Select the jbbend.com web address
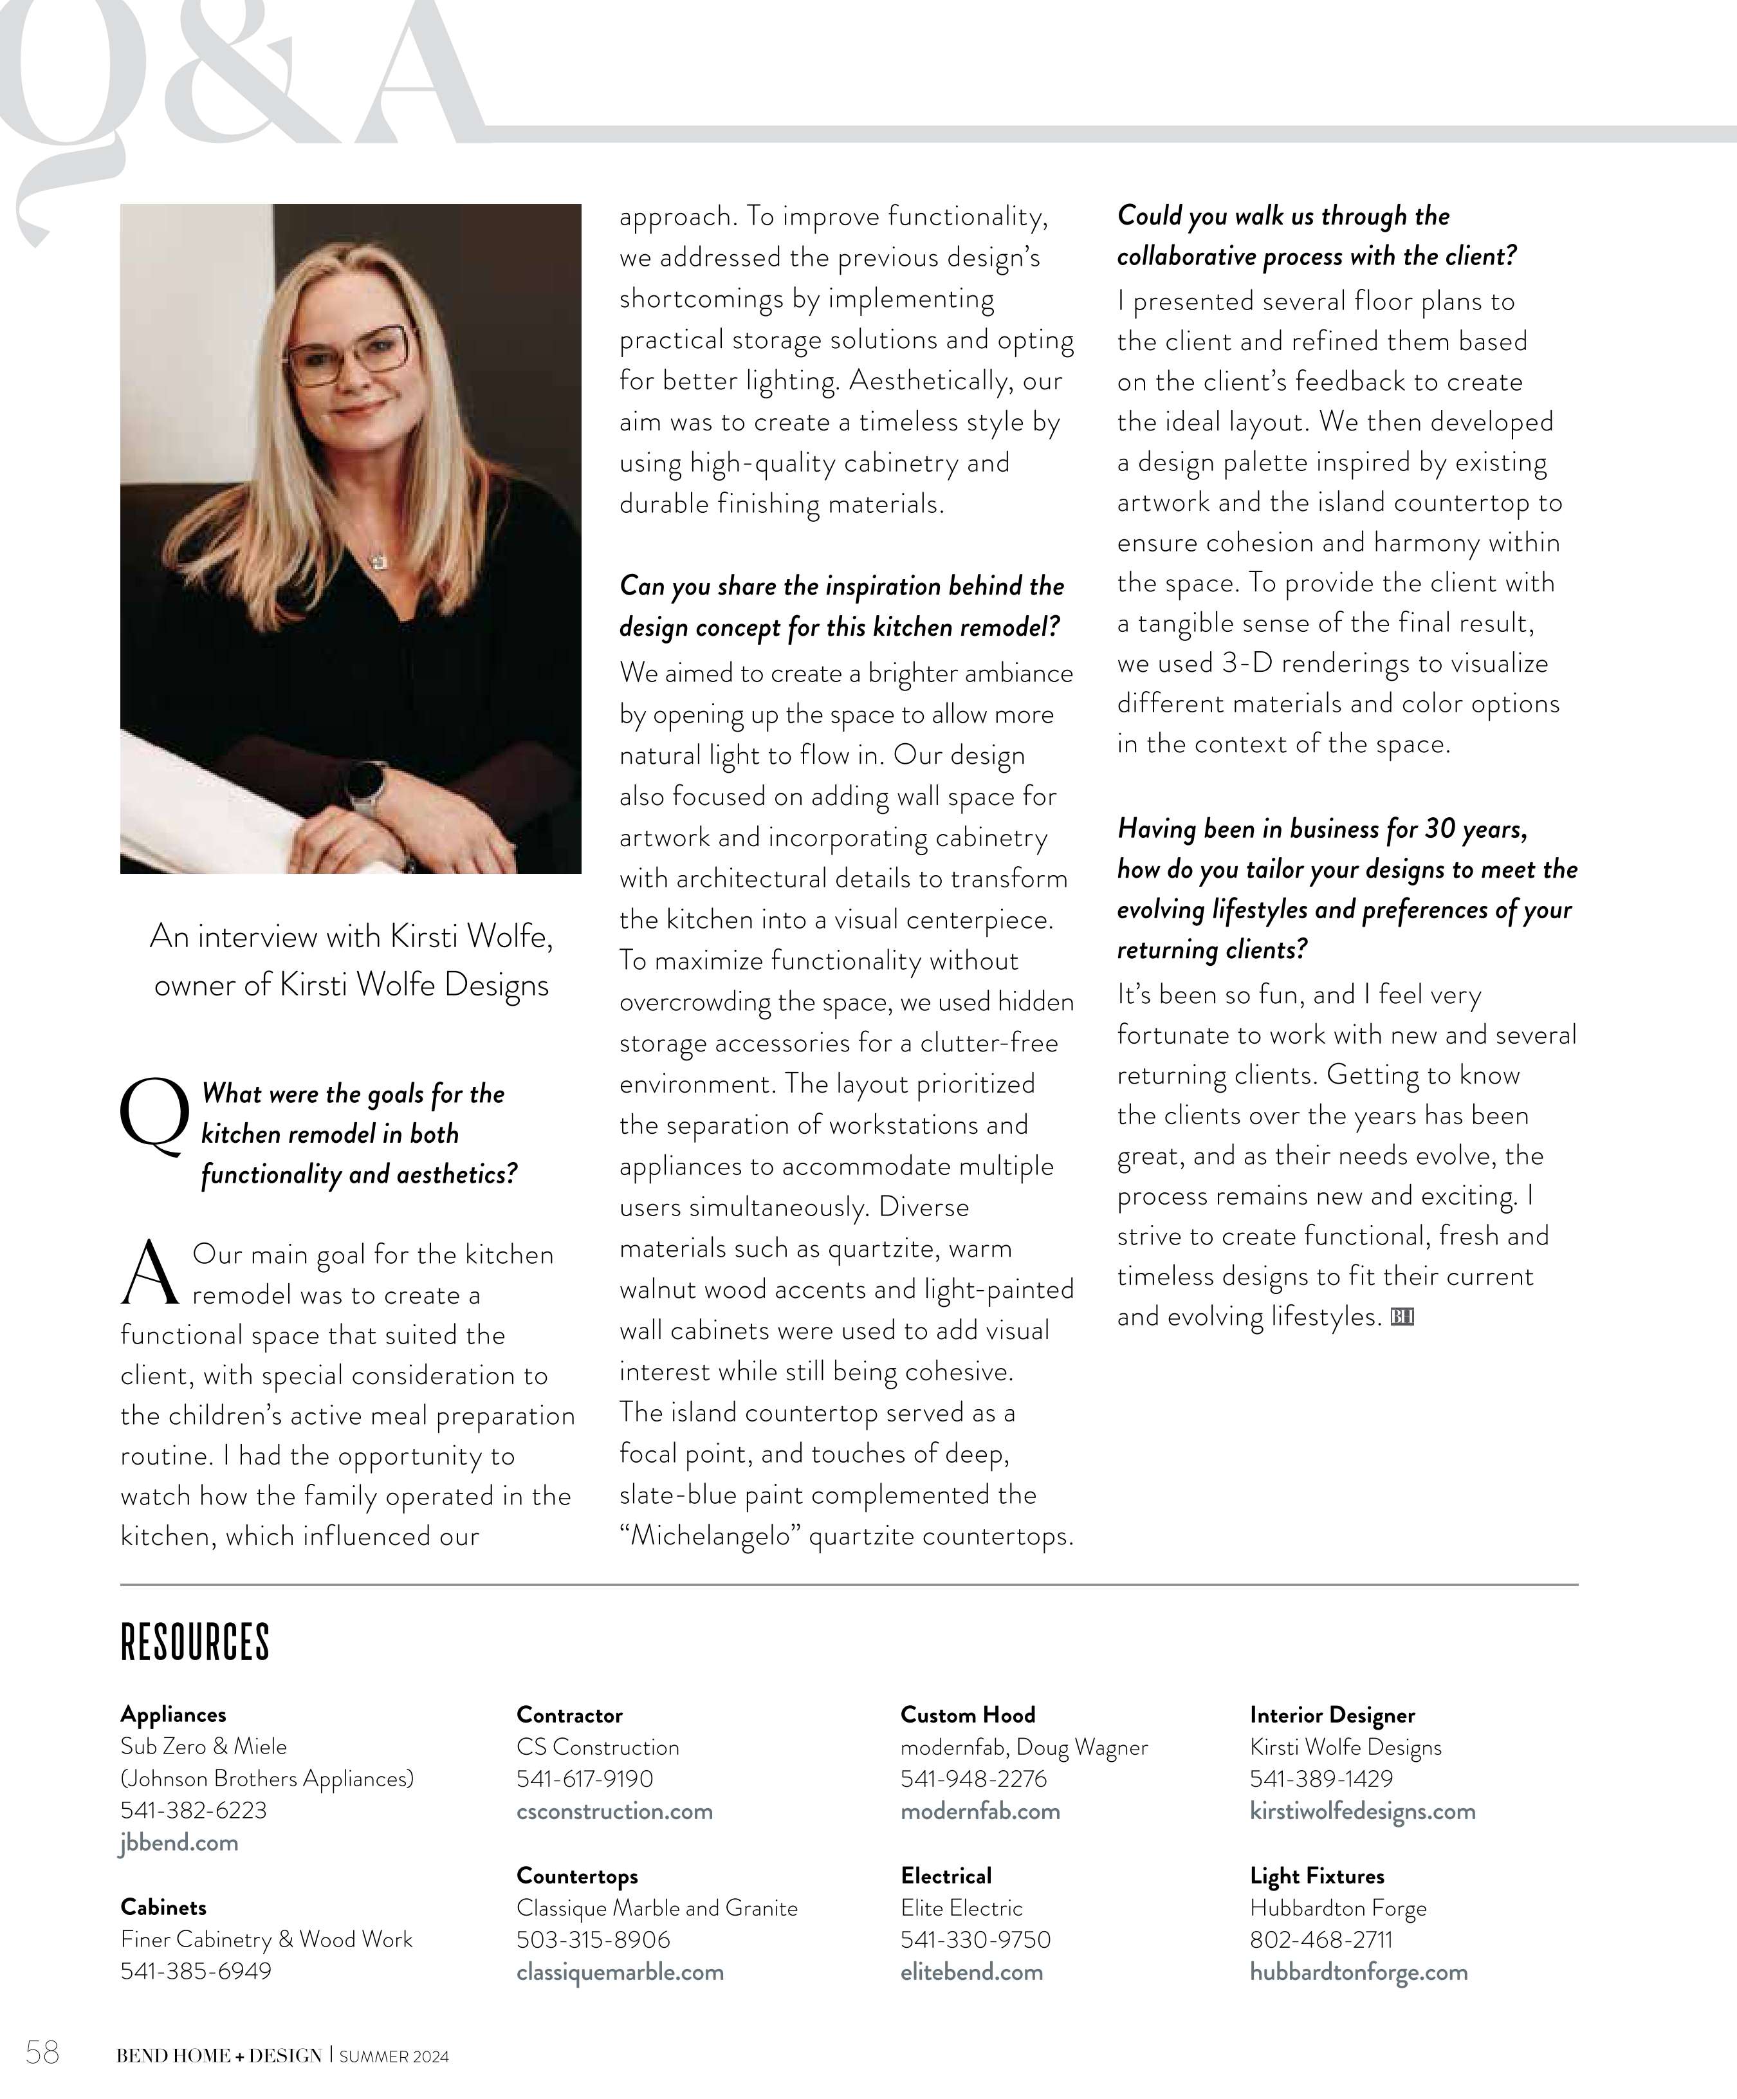(179, 1843)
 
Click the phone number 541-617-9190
(585, 1779)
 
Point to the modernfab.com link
(979, 1811)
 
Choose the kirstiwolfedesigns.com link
(1362, 1811)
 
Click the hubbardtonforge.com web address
(1358, 1972)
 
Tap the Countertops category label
(576, 1876)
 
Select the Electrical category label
(946, 1876)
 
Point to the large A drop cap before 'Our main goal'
(150, 1273)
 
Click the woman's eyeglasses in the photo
(349, 354)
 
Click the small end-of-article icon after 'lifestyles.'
(1402, 1317)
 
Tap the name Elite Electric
(961, 1908)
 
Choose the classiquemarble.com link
(620, 1972)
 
